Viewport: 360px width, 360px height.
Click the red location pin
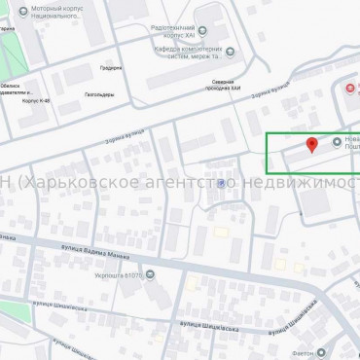tap(311, 146)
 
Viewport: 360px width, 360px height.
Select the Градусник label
tap(110, 68)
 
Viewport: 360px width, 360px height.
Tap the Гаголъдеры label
tap(98, 94)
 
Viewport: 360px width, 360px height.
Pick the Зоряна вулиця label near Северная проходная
tap(267, 96)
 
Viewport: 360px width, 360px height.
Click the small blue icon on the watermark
tap(225, 183)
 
